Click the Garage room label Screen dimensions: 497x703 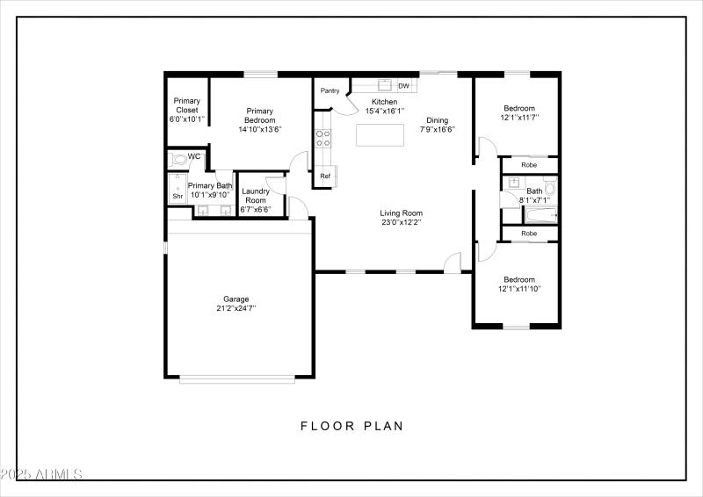tap(236, 299)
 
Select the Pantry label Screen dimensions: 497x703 tap(330, 90)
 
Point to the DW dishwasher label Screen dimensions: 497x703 tap(403, 86)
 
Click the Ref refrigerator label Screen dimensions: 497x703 tap(325, 176)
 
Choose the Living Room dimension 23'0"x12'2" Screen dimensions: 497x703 tap(401, 222)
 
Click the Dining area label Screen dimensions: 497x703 tap(437, 120)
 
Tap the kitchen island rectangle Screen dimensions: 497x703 tap(380, 135)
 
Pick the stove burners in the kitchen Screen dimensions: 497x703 tap(323, 138)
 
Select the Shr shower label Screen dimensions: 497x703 tap(177, 197)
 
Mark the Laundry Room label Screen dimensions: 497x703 tap(256, 196)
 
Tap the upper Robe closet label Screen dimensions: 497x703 tap(529, 165)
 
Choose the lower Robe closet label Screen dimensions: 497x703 tap(529, 234)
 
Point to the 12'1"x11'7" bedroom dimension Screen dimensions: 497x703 tap(519, 117)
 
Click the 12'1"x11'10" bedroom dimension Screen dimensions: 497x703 tap(519, 289)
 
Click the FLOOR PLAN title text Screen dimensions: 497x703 tap(351, 427)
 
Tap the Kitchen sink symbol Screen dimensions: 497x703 tap(384, 85)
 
